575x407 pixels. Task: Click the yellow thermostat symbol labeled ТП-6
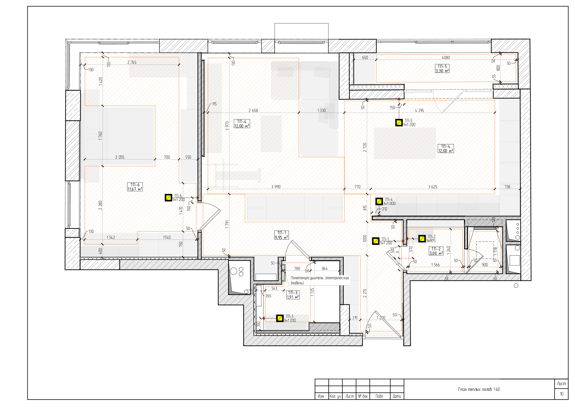pyautogui.click(x=168, y=198)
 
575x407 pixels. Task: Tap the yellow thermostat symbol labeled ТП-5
pyautogui.click(x=399, y=123)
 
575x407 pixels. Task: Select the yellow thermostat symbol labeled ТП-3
pyautogui.click(x=280, y=318)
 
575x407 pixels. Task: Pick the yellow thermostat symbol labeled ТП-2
pyautogui.click(x=422, y=239)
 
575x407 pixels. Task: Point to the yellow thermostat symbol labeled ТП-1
pyautogui.click(x=376, y=241)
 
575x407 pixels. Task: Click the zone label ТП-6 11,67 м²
pyautogui.click(x=135, y=187)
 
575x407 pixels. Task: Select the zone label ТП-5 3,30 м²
pyautogui.click(x=442, y=69)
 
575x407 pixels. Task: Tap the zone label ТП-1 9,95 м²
pyautogui.click(x=281, y=235)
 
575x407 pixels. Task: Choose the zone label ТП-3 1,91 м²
pyautogui.click(x=293, y=295)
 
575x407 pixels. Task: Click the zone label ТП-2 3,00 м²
pyautogui.click(x=436, y=251)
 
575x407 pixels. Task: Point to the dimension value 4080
pyautogui.click(x=446, y=58)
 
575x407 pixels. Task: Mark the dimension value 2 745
pyautogui.click(x=132, y=62)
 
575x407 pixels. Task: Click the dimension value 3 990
pyautogui.click(x=276, y=187)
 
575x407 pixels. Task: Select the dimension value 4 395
pyautogui.click(x=419, y=111)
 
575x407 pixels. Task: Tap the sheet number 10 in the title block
pyautogui.click(x=561, y=394)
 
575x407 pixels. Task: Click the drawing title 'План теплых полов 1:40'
pyautogui.click(x=479, y=389)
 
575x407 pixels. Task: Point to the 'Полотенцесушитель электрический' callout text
pyautogui.click(x=320, y=278)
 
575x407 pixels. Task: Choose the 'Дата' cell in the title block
pyautogui.click(x=397, y=396)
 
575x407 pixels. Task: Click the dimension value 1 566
pyautogui.click(x=435, y=265)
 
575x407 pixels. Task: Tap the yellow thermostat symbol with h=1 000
pyautogui.click(x=379, y=201)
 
